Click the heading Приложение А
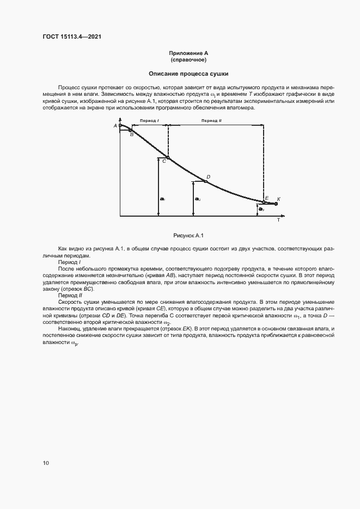pos(188,53)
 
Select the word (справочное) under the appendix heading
pos(188,60)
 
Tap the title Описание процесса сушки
pos(188,73)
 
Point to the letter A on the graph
pos(115,126)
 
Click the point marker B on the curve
pos(131,130)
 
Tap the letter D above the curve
pos(208,177)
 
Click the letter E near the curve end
pos(266,198)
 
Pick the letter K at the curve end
pos(278,199)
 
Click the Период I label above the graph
pos(149,120)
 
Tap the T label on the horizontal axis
pos(278,220)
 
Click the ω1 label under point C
pos(162,199)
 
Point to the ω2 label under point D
pos(198,199)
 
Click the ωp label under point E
pos(261,209)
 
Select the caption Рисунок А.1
pos(188,235)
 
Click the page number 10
pos(46,463)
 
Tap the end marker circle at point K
pos(276,204)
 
